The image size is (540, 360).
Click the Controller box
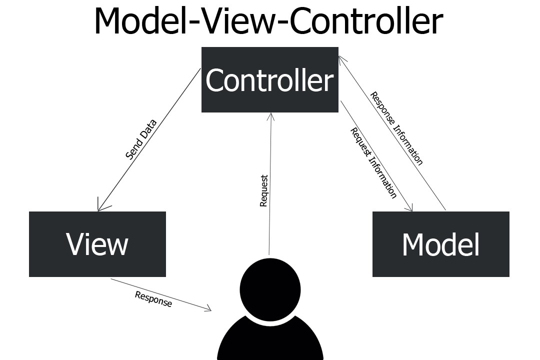coord(269,79)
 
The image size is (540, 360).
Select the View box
coord(97,244)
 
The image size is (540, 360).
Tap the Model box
coord(440,244)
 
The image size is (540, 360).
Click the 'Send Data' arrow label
coord(141,139)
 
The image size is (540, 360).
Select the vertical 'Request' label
coord(264,190)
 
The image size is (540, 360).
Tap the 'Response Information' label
coord(396,128)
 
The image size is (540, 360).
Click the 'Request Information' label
coord(373,163)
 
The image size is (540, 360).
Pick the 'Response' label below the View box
coord(153,299)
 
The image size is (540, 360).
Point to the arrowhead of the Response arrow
coord(209,310)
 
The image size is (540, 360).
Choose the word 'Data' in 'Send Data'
coord(148,128)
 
